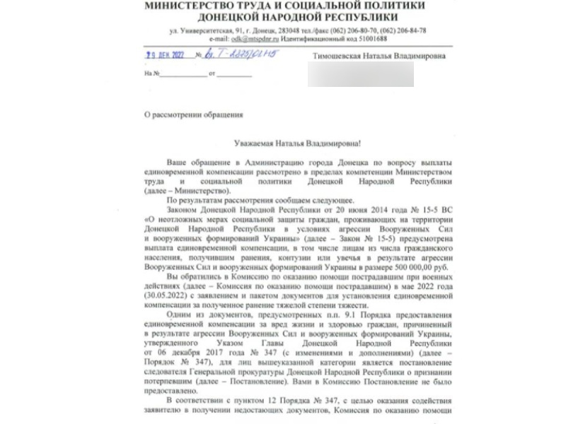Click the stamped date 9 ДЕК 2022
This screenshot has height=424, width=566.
click(164, 55)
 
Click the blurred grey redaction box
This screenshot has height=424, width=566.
click(360, 73)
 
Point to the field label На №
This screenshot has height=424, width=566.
click(149, 73)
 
